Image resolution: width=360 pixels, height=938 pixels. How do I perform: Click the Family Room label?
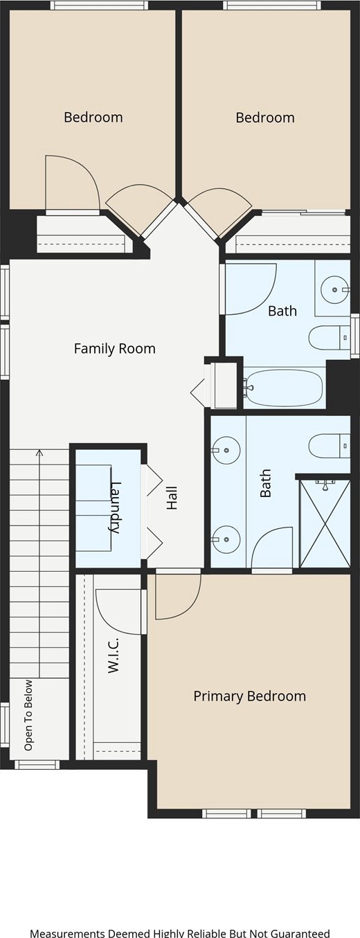pyautogui.click(x=115, y=348)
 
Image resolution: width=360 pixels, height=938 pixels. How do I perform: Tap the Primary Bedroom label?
pyautogui.click(x=249, y=696)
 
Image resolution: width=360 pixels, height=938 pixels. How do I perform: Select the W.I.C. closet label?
pyautogui.click(x=114, y=656)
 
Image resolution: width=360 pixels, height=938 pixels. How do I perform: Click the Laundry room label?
pyautogui.click(x=114, y=507)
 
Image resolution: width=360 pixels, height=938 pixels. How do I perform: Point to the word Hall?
pyautogui.click(x=172, y=498)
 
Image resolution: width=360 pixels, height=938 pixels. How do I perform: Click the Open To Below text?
pyautogui.click(x=28, y=715)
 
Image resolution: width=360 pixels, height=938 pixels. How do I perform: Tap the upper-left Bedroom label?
pyautogui.click(x=93, y=117)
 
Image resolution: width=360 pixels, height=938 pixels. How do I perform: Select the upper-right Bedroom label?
pyautogui.click(x=265, y=118)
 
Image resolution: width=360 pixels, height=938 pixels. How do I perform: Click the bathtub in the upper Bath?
pyautogui.click(x=283, y=388)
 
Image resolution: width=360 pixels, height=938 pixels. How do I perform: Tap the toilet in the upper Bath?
pyautogui.click(x=330, y=337)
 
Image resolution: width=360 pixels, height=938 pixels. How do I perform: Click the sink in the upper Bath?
pyautogui.click(x=335, y=289)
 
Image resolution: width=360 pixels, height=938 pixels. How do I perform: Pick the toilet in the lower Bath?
pyautogui.click(x=330, y=446)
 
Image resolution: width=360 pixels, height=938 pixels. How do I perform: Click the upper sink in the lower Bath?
pyautogui.click(x=226, y=450)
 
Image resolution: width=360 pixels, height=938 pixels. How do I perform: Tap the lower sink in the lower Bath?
pyautogui.click(x=226, y=540)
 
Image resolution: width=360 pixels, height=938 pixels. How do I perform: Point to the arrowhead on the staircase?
pyautogui.click(x=39, y=452)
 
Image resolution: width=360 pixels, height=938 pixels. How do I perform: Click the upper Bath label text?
pyautogui.click(x=282, y=311)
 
